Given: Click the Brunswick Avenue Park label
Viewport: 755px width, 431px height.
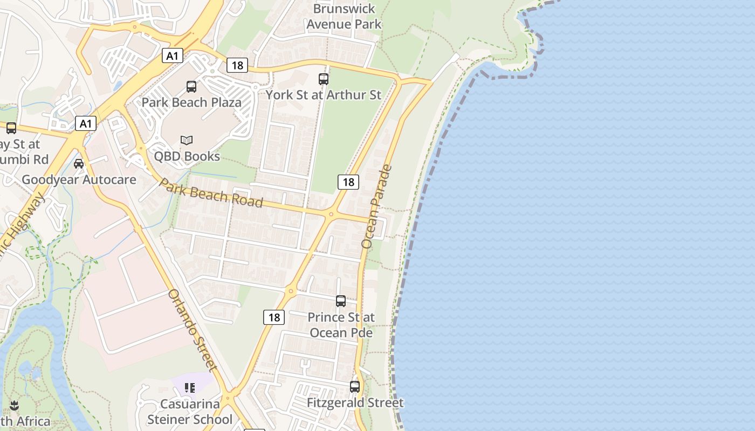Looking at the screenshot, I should [x=344, y=17].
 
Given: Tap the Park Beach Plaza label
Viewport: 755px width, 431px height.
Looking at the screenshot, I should [x=191, y=102].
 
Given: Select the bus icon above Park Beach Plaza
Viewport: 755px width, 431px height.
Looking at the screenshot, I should [x=191, y=87].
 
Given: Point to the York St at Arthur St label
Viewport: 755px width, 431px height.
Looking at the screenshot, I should [x=324, y=95].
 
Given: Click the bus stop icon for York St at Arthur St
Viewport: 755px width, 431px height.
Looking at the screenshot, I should [x=324, y=79].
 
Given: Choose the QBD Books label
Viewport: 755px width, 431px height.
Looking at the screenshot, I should [x=187, y=156].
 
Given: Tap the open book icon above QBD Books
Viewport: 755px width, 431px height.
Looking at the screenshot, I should [x=187, y=140].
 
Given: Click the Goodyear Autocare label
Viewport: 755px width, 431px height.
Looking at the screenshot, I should [x=79, y=179].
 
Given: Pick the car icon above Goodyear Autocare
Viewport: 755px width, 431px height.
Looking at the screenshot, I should [x=79, y=163].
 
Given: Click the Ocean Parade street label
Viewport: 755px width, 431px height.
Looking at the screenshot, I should [x=376, y=206].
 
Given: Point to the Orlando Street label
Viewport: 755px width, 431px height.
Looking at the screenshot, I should [x=193, y=330].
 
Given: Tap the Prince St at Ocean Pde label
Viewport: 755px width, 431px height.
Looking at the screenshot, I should [x=341, y=325].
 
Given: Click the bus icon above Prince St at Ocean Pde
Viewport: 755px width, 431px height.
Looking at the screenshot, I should [x=341, y=301].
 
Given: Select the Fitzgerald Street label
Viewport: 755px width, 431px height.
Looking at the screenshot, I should [x=355, y=402].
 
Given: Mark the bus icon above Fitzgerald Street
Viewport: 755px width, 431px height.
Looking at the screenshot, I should [x=355, y=386].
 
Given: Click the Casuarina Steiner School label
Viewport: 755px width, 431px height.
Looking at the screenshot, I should [x=190, y=412].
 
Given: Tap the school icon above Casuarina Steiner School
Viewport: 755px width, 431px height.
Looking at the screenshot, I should [x=189, y=388].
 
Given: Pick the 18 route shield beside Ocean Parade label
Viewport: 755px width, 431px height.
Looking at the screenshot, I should [x=348, y=182].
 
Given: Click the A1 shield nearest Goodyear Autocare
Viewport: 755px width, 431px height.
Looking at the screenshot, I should [x=85, y=123].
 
